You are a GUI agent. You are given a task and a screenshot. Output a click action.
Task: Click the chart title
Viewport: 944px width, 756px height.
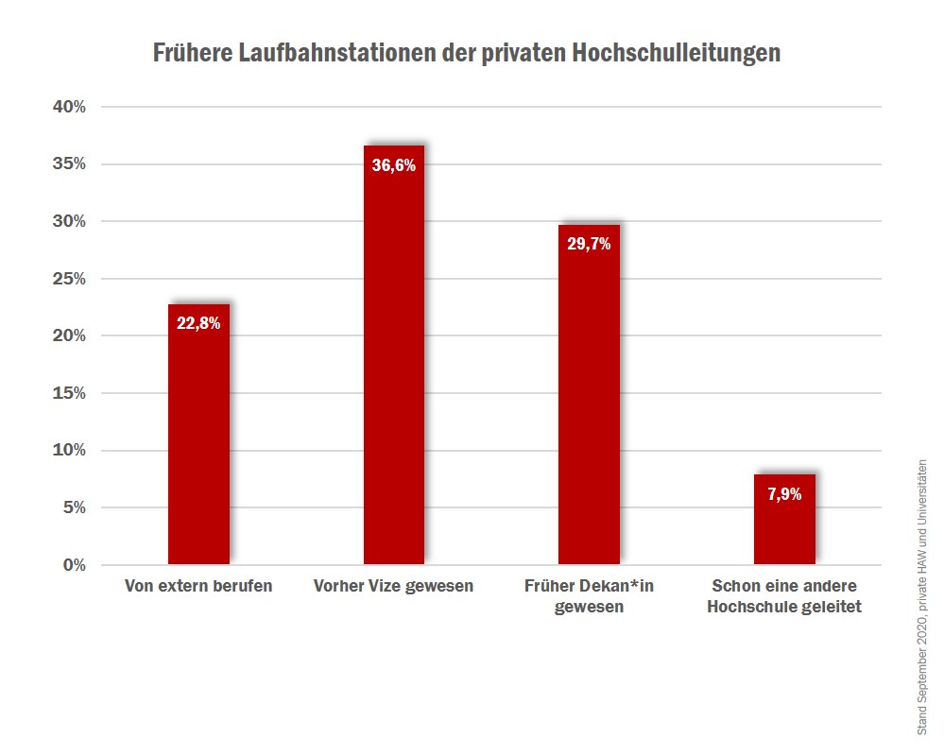pos(467,53)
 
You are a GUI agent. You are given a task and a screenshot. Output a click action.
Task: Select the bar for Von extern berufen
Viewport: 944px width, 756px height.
pos(198,444)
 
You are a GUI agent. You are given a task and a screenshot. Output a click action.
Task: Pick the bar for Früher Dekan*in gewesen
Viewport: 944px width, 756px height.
pos(589,406)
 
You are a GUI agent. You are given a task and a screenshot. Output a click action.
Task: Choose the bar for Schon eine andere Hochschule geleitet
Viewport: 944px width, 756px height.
pos(784,529)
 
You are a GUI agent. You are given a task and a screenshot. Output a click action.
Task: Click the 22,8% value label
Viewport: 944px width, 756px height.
pos(198,323)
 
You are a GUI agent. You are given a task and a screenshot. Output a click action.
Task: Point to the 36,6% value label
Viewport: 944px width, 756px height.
pos(394,165)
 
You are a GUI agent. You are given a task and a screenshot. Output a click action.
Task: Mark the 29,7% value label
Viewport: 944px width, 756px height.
pos(589,244)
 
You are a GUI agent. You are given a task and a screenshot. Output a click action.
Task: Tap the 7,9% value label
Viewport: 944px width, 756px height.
pos(784,493)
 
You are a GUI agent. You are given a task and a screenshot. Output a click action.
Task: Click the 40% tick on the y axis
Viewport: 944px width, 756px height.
pos(69,107)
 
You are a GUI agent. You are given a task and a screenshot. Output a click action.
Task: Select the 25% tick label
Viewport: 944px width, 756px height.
pos(69,279)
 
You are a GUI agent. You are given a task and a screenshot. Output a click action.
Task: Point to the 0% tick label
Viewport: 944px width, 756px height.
pos(74,565)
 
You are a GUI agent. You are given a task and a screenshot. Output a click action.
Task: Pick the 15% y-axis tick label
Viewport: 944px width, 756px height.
pos(69,393)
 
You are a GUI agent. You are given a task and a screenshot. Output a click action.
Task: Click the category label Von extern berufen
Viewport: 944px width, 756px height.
pos(198,586)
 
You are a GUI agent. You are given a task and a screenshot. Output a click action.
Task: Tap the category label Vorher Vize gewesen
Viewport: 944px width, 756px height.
pos(394,586)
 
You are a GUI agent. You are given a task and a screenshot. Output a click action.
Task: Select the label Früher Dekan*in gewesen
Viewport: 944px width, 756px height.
pos(589,596)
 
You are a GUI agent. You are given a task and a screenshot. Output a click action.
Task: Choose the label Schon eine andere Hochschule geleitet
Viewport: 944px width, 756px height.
pos(784,596)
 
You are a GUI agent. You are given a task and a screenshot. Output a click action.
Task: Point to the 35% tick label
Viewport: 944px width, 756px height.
pos(69,164)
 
